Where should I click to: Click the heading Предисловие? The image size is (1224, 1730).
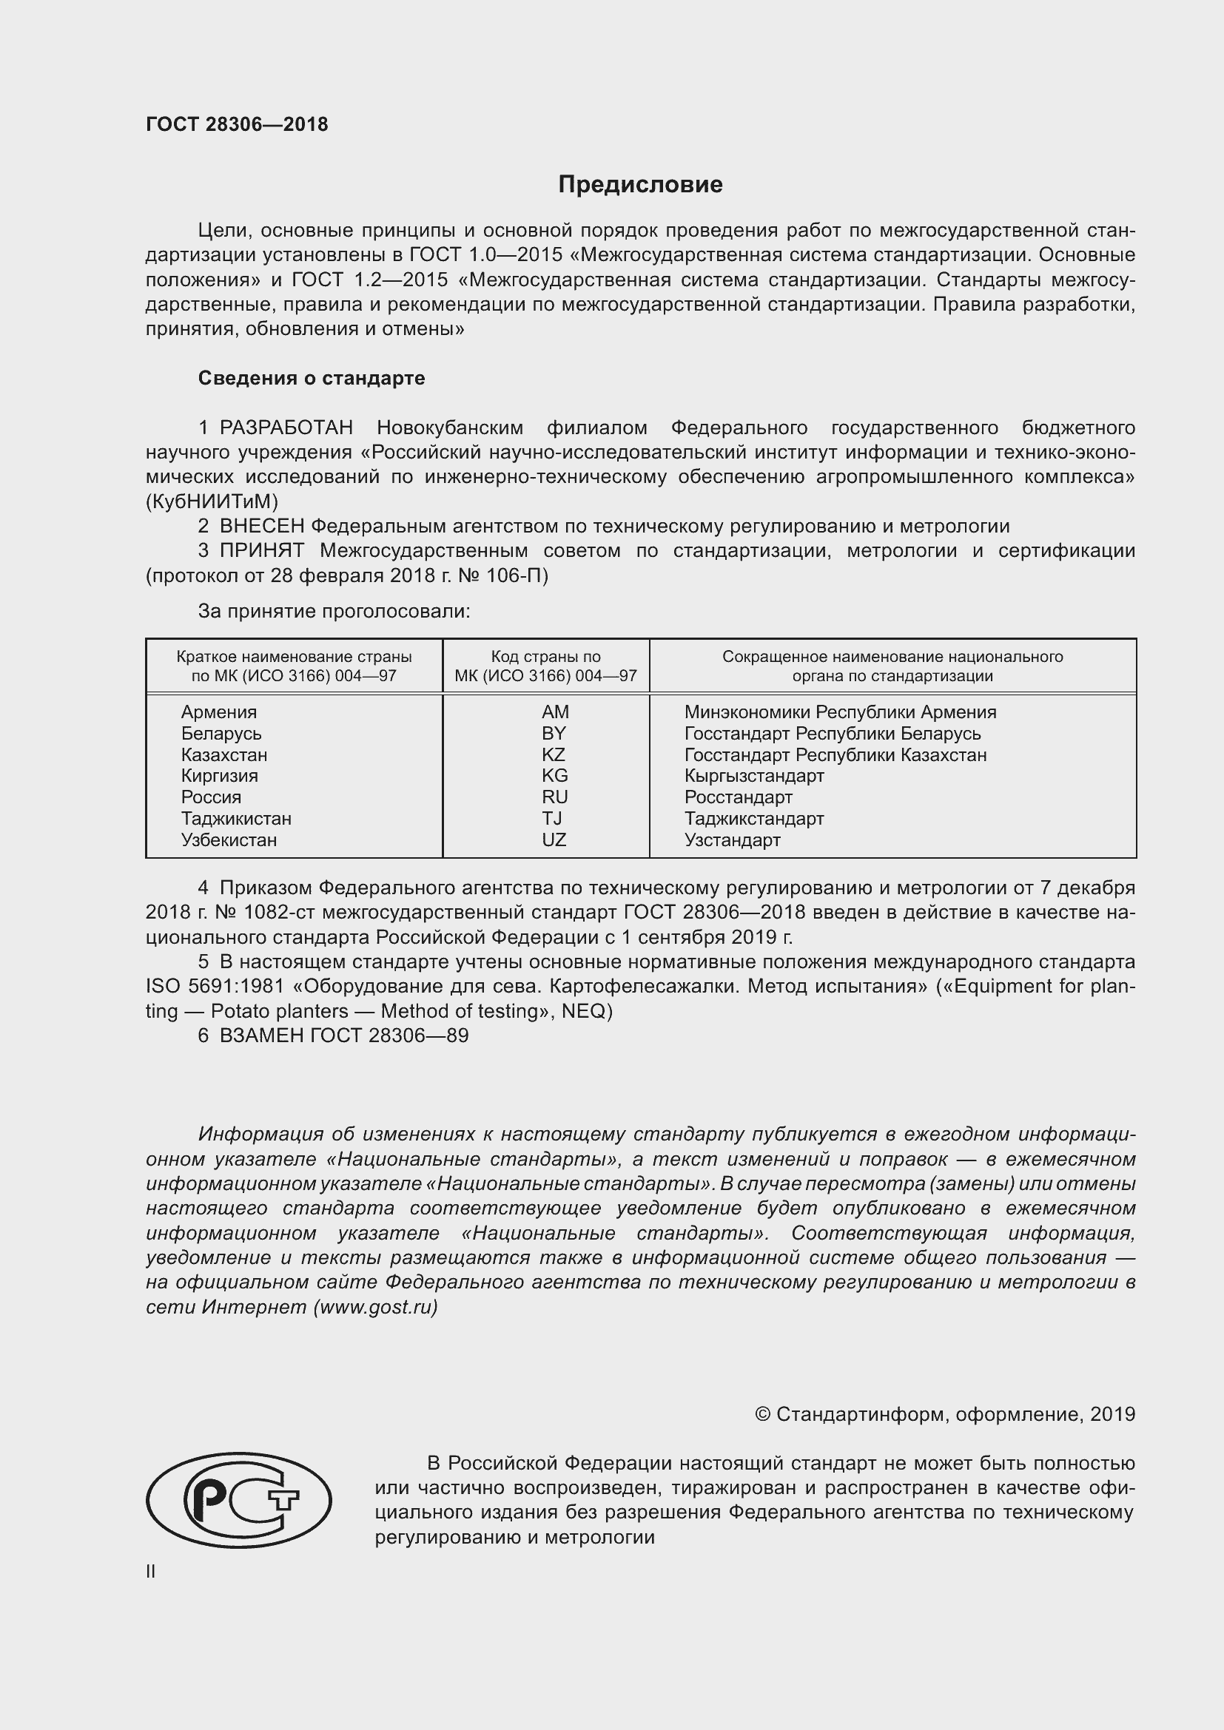[640, 185]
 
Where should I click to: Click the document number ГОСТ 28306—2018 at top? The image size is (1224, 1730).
[237, 124]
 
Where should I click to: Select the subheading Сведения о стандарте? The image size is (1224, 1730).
[312, 378]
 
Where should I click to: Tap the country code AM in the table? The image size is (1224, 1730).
[555, 712]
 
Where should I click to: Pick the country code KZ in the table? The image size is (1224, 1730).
[554, 754]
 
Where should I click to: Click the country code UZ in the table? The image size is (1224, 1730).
[554, 839]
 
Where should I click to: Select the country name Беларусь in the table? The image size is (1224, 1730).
[221, 733]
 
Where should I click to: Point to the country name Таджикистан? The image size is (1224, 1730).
[236, 818]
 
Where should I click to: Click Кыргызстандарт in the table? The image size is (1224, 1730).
[753, 775]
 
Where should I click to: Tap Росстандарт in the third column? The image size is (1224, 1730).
[738, 797]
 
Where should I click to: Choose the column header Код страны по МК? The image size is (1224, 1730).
[545, 666]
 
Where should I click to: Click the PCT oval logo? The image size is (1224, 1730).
[238, 1500]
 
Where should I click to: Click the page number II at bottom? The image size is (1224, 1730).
[151, 1572]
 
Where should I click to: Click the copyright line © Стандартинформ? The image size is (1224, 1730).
[944, 1414]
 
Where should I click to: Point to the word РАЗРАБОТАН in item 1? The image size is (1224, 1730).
[286, 428]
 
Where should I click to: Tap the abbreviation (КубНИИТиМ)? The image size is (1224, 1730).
[212, 501]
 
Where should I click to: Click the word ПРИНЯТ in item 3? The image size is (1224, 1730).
[261, 551]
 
